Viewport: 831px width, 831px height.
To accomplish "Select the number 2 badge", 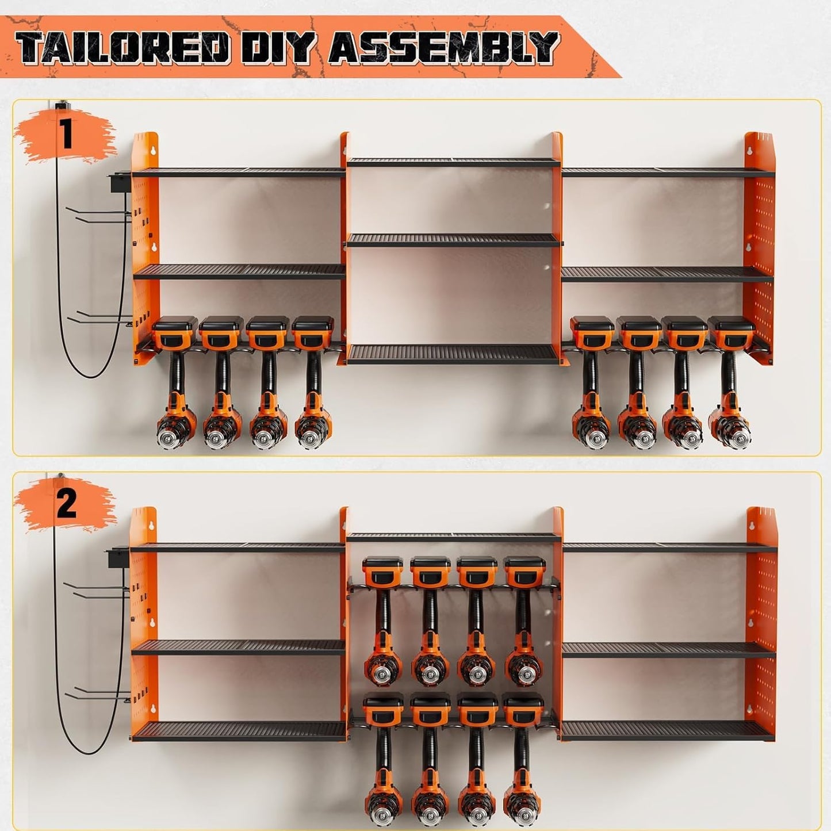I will click(x=66, y=504).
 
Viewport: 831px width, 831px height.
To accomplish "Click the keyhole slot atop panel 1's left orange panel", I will click(x=153, y=150).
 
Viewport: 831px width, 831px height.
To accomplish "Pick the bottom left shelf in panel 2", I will click(x=239, y=731).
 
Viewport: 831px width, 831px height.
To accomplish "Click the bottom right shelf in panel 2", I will click(x=667, y=730).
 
